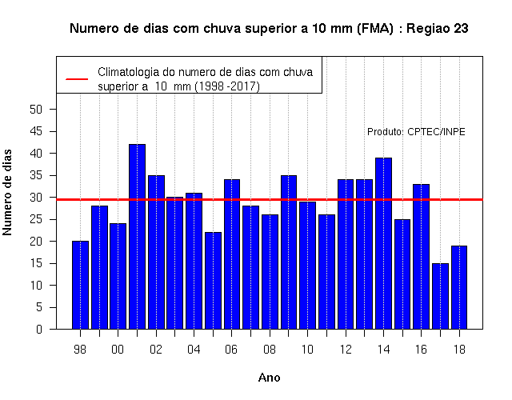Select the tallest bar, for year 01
click(x=137, y=237)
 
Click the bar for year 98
click(x=80, y=285)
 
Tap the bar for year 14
click(x=384, y=243)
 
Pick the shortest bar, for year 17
click(x=441, y=296)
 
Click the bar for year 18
click(x=459, y=287)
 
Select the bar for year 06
click(x=232, y=254)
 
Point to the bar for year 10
click(x=307, y=265)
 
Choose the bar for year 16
click(x=422, y=257)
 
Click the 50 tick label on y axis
click(x=36, y=110)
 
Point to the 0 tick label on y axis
click(x=39, y=329)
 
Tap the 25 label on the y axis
click(x=36, y=219)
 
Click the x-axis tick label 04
click(x=194, y=350)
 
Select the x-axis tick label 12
click(x=346, y=350)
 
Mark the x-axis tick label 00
click(x=118, y=350)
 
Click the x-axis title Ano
click(x=269, y=378)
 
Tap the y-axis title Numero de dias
click(x=7, y=192)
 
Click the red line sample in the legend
click(x=77, y=79)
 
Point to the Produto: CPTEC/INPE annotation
click(x=416, y=131)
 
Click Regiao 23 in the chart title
click(x=438, y=29)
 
